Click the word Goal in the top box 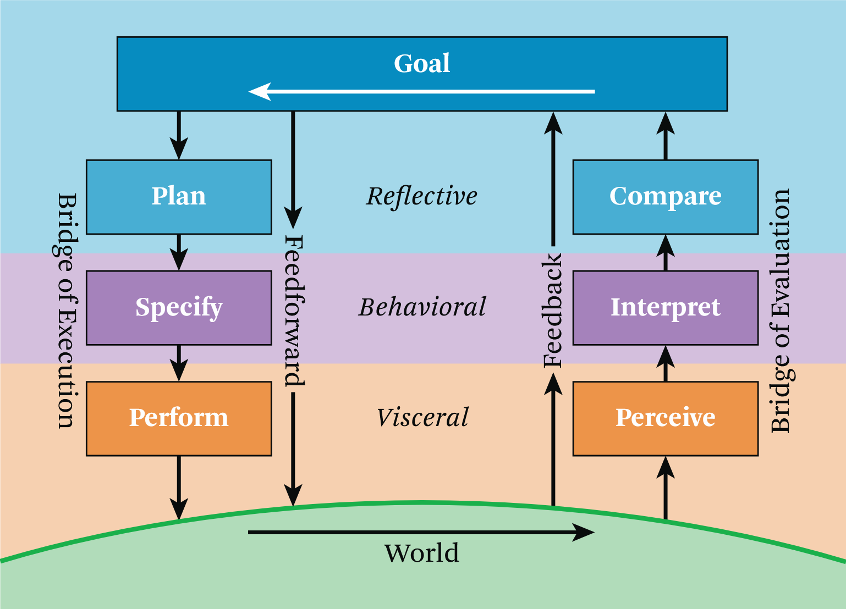coord(422,63)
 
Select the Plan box coord(179,197)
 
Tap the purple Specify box coord(179,307)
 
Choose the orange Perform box coord(179,418)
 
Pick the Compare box coord(666,197)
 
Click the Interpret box coord(666,307)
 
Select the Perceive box coord(666,418)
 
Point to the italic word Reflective coord(422,196)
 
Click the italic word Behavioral coord(422,307)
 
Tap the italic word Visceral coord(422,418)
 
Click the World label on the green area coord(421,553)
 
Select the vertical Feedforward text coord(294,311)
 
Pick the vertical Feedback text coord(553,311)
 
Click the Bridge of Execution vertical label coord(67,311)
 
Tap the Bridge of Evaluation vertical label coord(780,311)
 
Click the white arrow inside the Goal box coord(421,91)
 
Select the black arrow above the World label coord(421,532)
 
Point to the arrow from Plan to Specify coord(179,252)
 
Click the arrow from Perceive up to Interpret coord(666,363)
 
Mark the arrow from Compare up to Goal coord(666,136)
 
